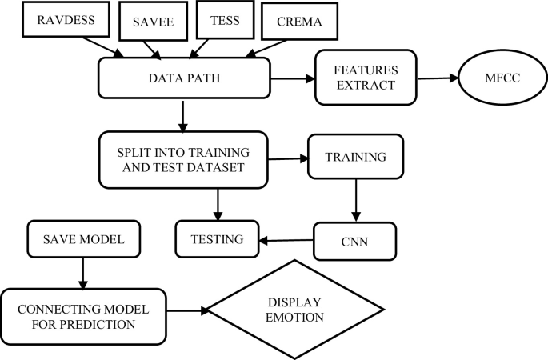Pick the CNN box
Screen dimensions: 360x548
pos(354,240)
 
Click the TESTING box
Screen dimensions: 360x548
pos(216,238)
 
